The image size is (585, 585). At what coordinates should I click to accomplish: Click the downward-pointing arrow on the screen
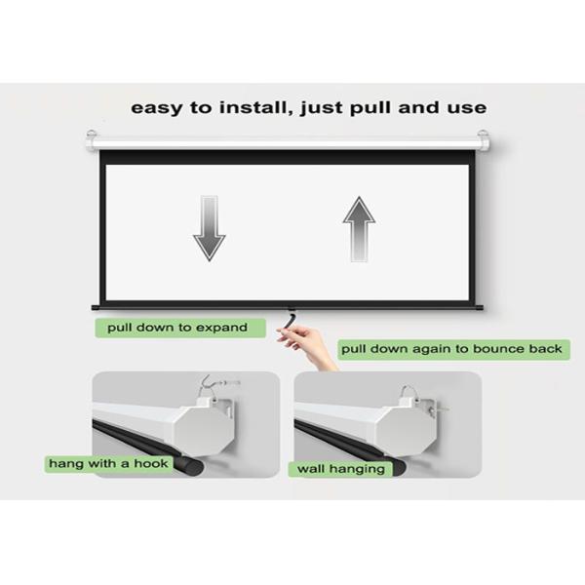click(x=209, y=227)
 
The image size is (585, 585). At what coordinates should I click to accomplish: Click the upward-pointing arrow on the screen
click(x=359, y=229)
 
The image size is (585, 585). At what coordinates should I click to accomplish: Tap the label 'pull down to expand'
click(x=177, y=328)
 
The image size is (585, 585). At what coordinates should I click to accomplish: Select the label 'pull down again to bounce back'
click(x=451, y=349)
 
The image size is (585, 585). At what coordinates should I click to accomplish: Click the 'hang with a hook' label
click(x=108, y=464)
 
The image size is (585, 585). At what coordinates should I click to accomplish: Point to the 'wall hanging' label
click(x=340, y=469)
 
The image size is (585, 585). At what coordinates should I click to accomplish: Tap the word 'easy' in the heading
click(x=157, y=109)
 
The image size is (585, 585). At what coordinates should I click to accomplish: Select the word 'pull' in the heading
click(x=371, y=108)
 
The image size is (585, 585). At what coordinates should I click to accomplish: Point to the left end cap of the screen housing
click(x=92, y=140)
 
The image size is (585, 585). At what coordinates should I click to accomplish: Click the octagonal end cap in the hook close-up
click(x=203, y=430)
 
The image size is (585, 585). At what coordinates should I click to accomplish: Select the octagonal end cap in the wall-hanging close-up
click(x=406, y=431)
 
